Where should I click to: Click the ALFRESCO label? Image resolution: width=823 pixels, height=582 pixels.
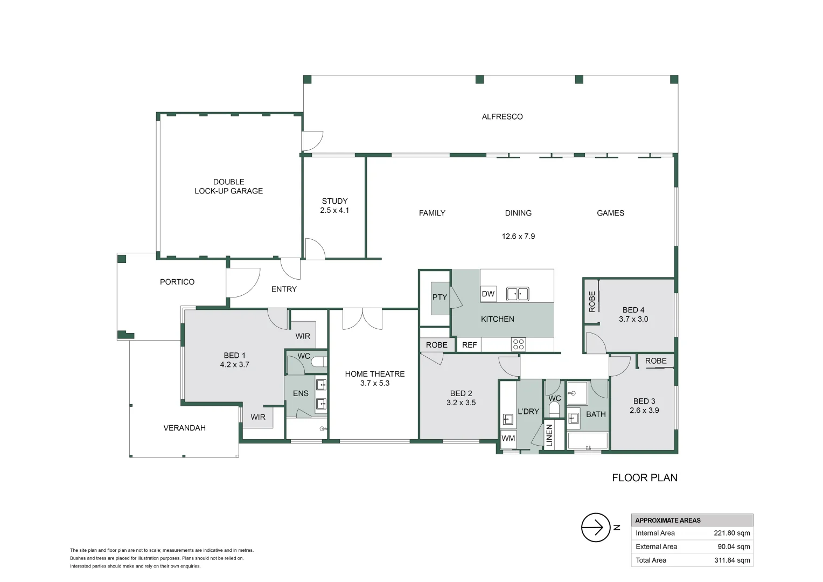coord(502,116)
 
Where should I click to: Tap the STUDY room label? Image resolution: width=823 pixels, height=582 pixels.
coord(334,201)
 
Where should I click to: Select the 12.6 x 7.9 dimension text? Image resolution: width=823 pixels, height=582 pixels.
coord(518,236)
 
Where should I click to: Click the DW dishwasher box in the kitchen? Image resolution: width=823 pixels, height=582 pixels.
coord(488,294)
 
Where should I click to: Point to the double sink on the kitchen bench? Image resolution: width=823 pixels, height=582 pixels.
coord(517,294)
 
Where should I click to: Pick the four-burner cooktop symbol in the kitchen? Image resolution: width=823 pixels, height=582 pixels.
coord(518,344)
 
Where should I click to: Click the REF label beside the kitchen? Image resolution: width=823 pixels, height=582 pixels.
coord(469,345)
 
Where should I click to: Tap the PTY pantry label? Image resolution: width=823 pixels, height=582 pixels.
coord(440,297)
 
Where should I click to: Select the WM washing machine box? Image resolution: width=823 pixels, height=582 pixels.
coord(508,438)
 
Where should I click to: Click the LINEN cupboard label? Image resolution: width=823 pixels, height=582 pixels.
coord(549,435)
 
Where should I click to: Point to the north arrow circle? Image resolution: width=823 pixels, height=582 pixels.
coord(596,528)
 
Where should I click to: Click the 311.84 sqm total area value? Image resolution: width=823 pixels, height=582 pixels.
coord(732,560)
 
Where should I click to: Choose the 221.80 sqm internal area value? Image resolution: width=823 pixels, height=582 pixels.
coord(732,533)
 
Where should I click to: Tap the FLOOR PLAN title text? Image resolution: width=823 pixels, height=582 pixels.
coord(644,477)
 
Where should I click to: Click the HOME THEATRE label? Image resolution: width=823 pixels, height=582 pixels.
coord(374,374)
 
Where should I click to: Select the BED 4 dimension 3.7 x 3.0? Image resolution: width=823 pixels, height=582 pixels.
coord(633,319)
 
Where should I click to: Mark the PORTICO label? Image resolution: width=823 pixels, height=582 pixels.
coord(177,282)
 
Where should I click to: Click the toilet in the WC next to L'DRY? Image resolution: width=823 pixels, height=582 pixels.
coord(554,410)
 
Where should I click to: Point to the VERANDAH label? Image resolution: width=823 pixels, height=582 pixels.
coord(184,428)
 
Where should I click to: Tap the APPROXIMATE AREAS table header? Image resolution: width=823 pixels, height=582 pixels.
coord(667,520)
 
